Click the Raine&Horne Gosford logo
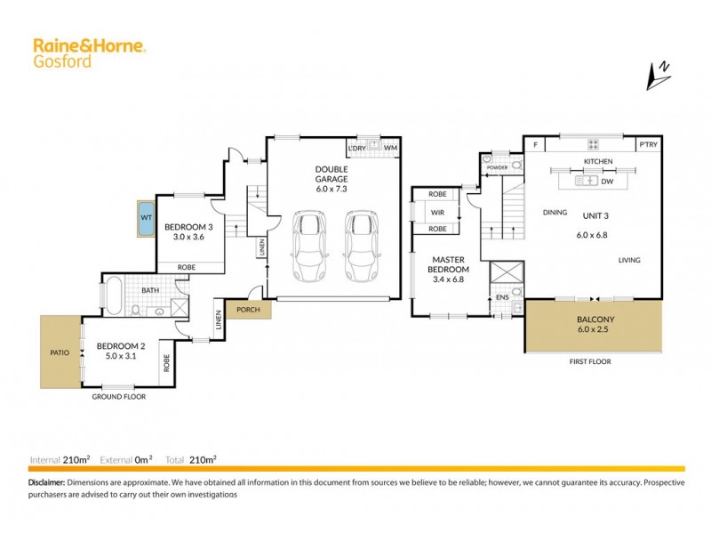tap(89, 51)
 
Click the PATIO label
tap(59, 352)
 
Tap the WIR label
tap(437, 212)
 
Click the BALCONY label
tap(593, 320)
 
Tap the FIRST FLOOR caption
tap(591, 362)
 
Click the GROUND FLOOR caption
tap(119, 397)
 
